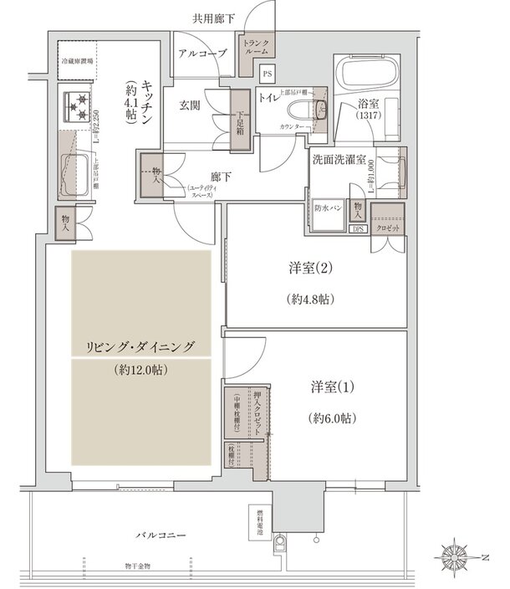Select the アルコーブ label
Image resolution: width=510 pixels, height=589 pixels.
click(x=203, y=54)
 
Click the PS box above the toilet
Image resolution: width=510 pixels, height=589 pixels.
click(x=268, y=74)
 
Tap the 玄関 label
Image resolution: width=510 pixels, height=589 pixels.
click(x=189, y=106)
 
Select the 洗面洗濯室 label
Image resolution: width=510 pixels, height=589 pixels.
click(x=340, y=160)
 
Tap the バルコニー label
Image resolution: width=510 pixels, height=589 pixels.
click(x=163, y=535)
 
